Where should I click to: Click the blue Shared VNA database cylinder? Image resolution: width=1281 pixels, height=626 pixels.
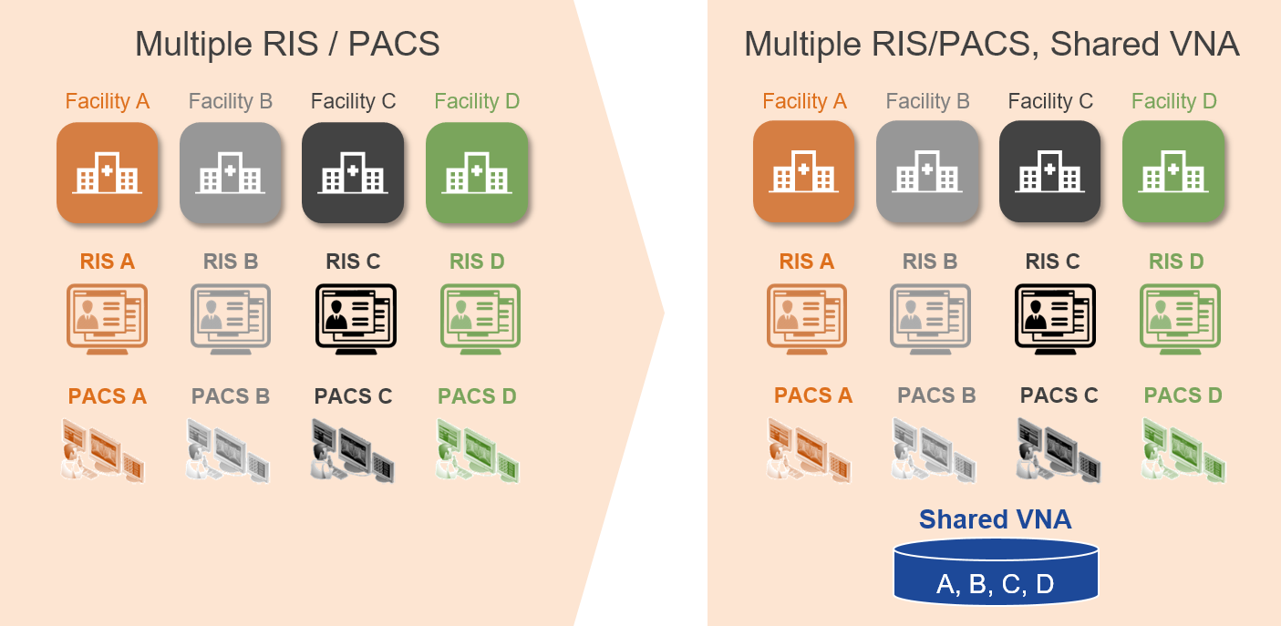click(x=996, y=571)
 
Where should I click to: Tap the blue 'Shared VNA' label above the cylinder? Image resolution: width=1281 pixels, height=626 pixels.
click(x=995, y=519)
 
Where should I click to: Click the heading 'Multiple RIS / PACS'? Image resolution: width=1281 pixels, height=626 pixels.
click(x=287, y=44)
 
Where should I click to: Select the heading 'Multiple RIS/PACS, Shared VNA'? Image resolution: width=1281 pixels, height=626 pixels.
click(x=991, y=44)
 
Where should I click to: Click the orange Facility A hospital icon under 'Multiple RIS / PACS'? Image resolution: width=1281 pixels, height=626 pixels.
click(x=108, y=172)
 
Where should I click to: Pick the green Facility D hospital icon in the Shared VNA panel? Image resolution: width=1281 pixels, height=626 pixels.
click(x=1173, y=171)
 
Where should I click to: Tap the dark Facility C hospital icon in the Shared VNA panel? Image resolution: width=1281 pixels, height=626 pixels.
click(x=1050, y=171)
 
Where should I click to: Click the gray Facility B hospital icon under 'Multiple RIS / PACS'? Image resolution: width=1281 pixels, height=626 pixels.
click(x=231, y=172)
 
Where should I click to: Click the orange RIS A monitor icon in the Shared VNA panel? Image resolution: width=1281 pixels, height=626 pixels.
click(x=807, y=316)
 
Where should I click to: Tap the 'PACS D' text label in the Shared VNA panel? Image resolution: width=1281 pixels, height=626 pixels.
click(x=1183, y=395)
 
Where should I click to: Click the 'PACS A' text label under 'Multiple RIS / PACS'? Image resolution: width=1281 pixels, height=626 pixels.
click(x=108, y=396)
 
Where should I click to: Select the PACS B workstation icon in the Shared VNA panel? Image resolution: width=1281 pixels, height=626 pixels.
click(x=933, y=449)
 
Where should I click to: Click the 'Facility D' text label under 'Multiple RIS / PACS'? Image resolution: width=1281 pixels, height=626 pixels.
click(x=477, y=101)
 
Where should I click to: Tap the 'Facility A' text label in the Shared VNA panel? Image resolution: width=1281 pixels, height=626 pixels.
click(x=804, y=101)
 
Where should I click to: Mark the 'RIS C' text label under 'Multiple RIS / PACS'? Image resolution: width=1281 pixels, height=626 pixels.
click(x=353, y=262)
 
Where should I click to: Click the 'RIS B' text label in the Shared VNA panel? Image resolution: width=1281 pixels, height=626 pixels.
click(x=930, y=262)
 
